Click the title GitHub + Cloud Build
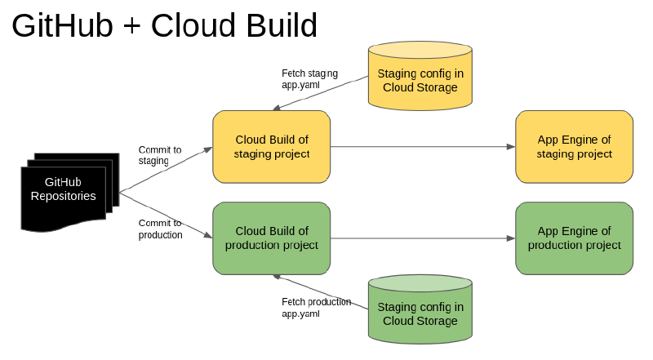pyautogui.click(x=164, y=26)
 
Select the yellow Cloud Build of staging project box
pyautogui.click(x=271, y=147)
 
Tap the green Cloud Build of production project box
pyautogui.click(x=271, y=238)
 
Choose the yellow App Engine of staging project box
pyautogui.click(x=574, y=147)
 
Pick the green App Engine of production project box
pyautogui.click(x=574, y=238)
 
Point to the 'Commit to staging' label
pyautogui.click(x=159, y=155)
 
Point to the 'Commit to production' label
pyautogui.click(x=160, y=229)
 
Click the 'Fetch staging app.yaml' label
pyautogui.click(x=309, y=78)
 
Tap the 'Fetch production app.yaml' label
pyautogui.click(x=316, y=307)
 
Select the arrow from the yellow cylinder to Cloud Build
pyautogui.click(x=320, y=94)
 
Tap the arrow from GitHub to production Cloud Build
pyautogui.click(x=167, y=214)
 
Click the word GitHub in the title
pyautogui.click(x=62, y=26)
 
